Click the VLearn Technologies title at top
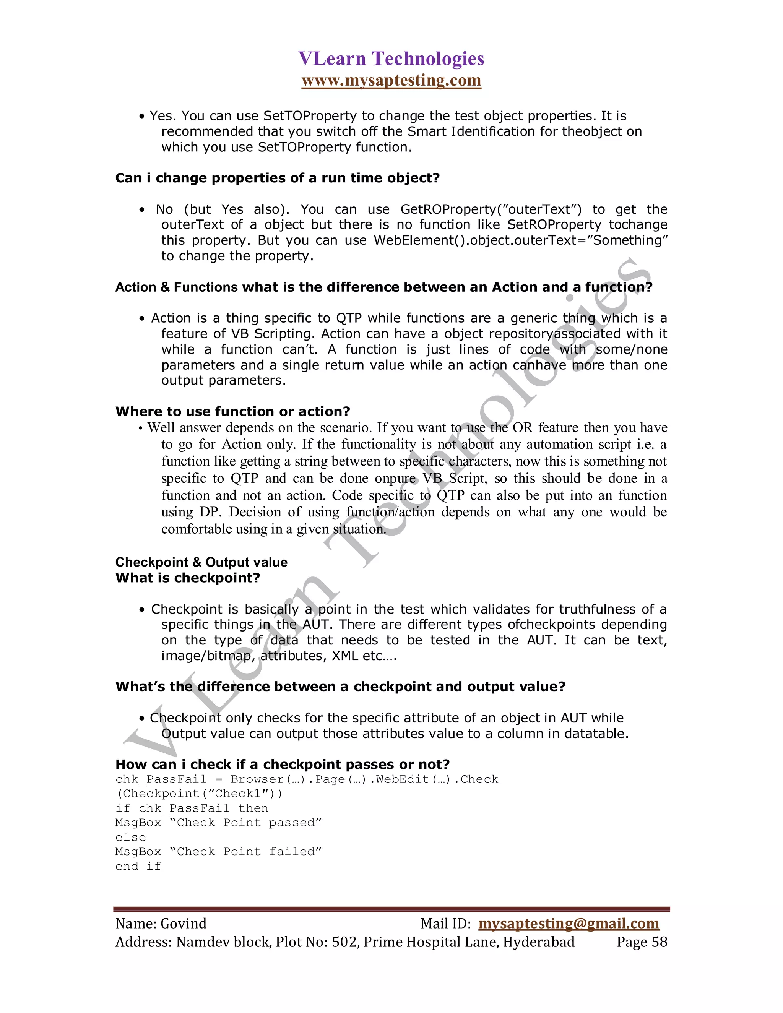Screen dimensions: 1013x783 click(x=391, y=59)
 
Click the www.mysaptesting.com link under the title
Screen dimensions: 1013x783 click(x=391, y=80)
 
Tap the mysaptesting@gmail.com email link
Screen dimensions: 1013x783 click(x=568, y=923)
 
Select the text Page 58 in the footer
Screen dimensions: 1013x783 click(x=642, y=942)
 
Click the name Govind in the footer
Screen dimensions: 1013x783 click(x=183, y=923)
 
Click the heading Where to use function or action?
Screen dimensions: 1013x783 click(x=232, y=411)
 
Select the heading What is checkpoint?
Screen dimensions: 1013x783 click(x=187, y=578)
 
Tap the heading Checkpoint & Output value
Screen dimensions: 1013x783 click(x=201, y=562)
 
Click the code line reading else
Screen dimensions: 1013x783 click(x=130, y=837)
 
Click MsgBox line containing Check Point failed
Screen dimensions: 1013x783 click(x=218, y=852)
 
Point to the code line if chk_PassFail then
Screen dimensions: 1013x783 click(x=192, y=808)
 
